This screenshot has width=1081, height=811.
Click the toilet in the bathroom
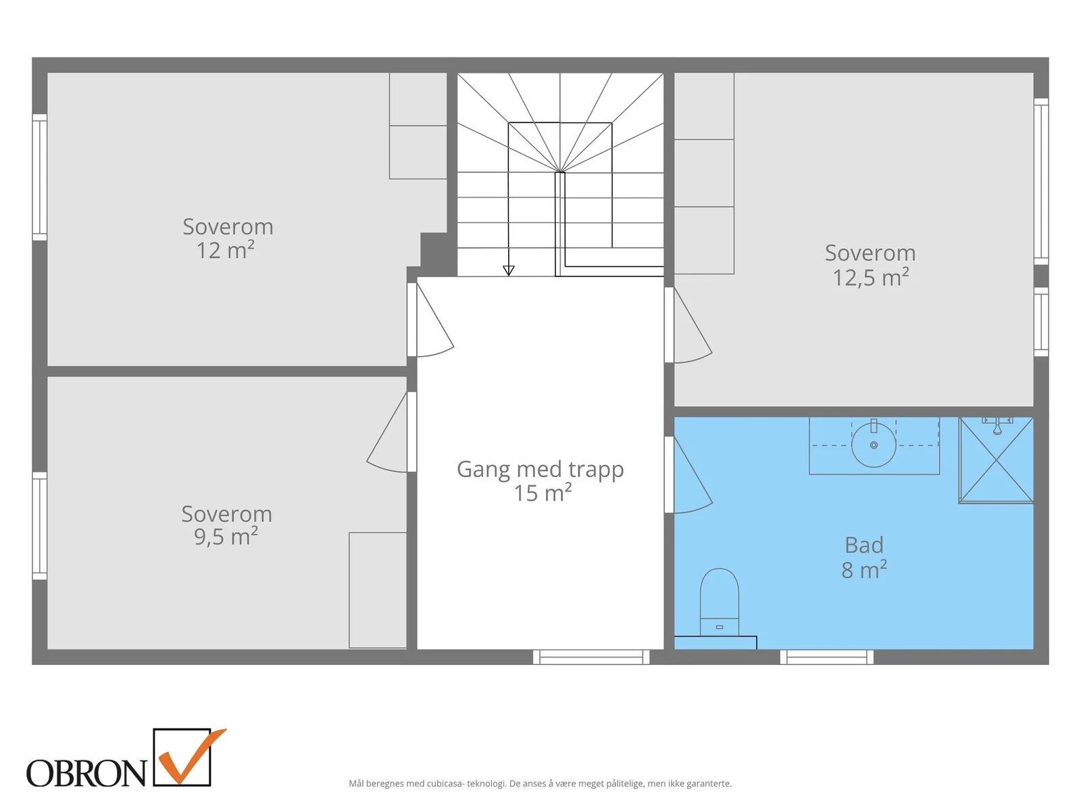pos(719,601)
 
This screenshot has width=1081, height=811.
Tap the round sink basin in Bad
pos(873,445)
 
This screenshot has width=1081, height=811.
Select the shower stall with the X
pos(995,460)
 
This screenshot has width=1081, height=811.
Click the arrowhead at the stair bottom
pos(508,270)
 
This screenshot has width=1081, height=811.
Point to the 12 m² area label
pos(226,250)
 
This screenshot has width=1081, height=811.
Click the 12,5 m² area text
pos(870,277)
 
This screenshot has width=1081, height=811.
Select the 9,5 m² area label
pos(226,536)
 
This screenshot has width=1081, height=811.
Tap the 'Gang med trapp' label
pos(540,469)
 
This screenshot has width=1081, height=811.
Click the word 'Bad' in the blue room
pos(864,545)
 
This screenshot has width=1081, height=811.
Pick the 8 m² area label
pos(864,570)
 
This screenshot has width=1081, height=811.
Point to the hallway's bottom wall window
pos(591,657)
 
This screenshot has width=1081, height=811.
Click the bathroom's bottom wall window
pos(826,657)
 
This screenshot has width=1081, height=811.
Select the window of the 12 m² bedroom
pos(39,177)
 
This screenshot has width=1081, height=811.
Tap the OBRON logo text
pos(86,772)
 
